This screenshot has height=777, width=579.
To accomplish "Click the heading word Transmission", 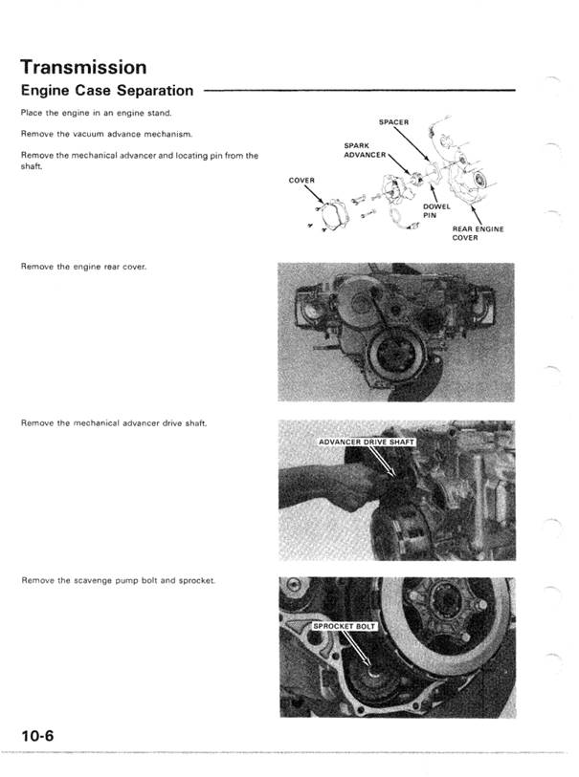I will tap(83, 68).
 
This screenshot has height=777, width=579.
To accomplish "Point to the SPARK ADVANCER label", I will tap(364, 150).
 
